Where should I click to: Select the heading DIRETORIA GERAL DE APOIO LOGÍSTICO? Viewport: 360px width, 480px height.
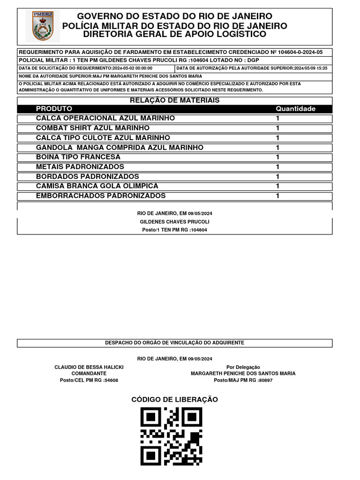[174, 34]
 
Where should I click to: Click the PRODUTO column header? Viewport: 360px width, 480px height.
[54, 109]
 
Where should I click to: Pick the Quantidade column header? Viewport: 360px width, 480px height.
[295, 109]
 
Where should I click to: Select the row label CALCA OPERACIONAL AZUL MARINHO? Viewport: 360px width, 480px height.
[105, 118]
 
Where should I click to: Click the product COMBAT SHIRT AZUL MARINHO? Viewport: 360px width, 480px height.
[93, 128]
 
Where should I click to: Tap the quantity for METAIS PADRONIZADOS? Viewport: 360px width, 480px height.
[277, 167]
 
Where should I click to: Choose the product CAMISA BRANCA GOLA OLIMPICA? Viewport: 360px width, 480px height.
[97, 186]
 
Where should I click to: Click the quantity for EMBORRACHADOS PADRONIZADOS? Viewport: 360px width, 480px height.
[277, 196]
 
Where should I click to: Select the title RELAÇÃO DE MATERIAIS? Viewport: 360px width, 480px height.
[174, 100]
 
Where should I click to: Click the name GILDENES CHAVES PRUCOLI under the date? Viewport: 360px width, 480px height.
[174, 222]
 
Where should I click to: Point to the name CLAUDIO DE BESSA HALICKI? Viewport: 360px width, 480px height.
[89, 367]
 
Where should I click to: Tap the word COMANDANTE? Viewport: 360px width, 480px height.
[89, 374]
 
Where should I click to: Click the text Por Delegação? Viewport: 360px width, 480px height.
[243, 367]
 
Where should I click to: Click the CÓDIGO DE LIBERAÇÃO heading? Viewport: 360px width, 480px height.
[174, 399]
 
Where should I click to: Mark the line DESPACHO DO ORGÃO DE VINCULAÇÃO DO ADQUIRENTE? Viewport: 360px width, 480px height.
[174, 343]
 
